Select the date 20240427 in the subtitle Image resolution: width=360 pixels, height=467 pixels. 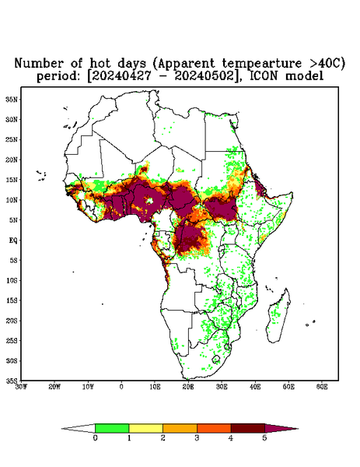coord(121,76)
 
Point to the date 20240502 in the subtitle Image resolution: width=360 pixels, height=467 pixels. coord(204,76)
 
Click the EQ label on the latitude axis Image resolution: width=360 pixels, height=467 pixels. coord(14,240)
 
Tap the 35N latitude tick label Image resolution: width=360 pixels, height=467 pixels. coord(12,99)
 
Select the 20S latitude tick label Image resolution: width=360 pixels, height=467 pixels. coord(12,321)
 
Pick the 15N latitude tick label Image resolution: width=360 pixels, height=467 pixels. coord(12,180)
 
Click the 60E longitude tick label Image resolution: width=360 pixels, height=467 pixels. coord(322,387)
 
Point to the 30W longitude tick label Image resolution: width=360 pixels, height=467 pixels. coord(22,387)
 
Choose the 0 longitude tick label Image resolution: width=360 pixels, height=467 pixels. coord(121,387)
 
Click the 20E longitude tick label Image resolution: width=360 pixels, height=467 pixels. coord(188,387)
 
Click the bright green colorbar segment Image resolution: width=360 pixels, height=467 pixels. coord(112,428)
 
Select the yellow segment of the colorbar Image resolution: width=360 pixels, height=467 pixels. coord(145,428)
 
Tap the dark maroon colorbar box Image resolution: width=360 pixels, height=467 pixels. coord(248,428)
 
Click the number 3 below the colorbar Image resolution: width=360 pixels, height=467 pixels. coord(197,438)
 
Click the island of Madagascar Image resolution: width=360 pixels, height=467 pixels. coord(279,316)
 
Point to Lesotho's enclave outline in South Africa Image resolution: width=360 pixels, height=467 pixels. coord(216,359)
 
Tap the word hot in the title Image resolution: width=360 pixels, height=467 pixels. coord(100,63)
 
